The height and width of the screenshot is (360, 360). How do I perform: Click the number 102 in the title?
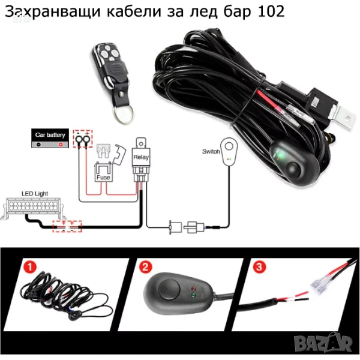[271, 11]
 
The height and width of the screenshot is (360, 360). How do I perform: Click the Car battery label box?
[50, 138]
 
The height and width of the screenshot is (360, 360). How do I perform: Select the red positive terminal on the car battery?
[61, 145]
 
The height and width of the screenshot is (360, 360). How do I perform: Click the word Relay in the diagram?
[141, 157]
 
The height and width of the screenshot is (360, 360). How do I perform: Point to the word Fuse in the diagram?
[103, 177]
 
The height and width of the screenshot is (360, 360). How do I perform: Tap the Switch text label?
[211, 152]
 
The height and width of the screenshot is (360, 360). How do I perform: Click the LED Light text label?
[35, 194]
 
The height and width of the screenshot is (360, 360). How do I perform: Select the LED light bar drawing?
[32, 208]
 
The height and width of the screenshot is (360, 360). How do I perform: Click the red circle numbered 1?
[30, 267]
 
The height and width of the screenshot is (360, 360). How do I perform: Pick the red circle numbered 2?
[145, 267]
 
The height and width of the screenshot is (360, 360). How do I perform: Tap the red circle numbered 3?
[259, 267]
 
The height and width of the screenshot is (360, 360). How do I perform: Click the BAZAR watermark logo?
[323, 343]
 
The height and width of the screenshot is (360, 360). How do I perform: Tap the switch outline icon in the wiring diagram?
[229, 152]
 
